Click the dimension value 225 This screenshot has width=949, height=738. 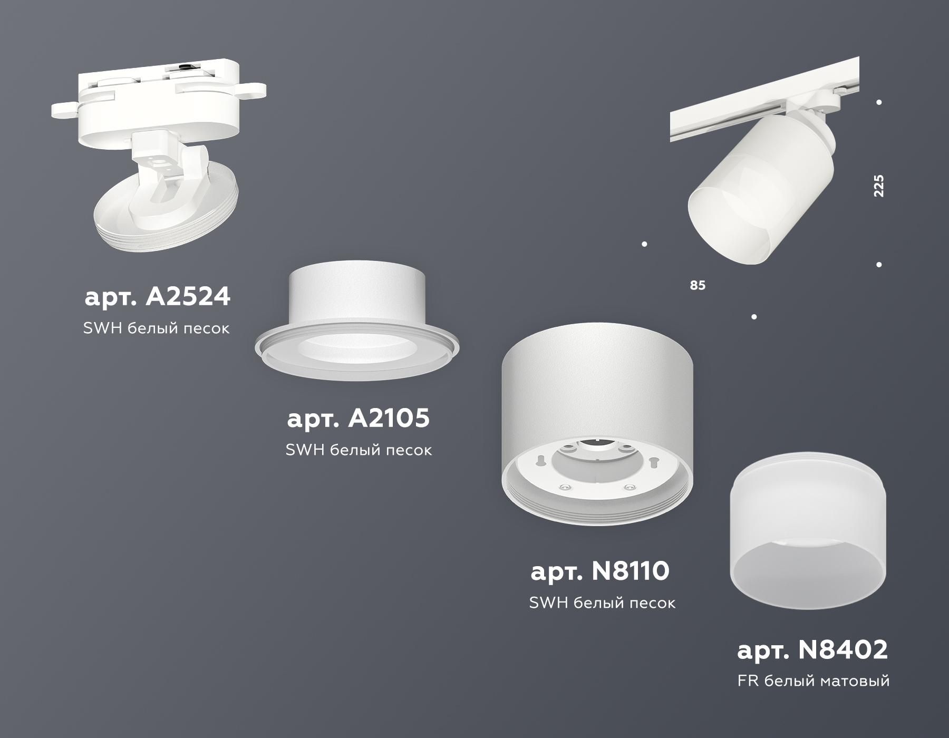pyautogui.click(x=878, y=186)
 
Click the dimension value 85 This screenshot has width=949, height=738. pyautogui.click(x=697, y=285)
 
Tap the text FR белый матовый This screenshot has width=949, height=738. pyautogui.click(x=814, y=681)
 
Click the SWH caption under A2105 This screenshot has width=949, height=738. pyautogui.click(x=359, y=450)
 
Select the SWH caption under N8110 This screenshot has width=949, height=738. pyautogui.click(x=602, y=603)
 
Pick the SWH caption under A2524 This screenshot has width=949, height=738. pyautogui.click(x=157, y=328)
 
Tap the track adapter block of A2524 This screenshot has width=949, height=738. pyautogui.click(x=158, y=90)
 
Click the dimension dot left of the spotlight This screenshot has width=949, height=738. pyautogui.click(x=644, y=244)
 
